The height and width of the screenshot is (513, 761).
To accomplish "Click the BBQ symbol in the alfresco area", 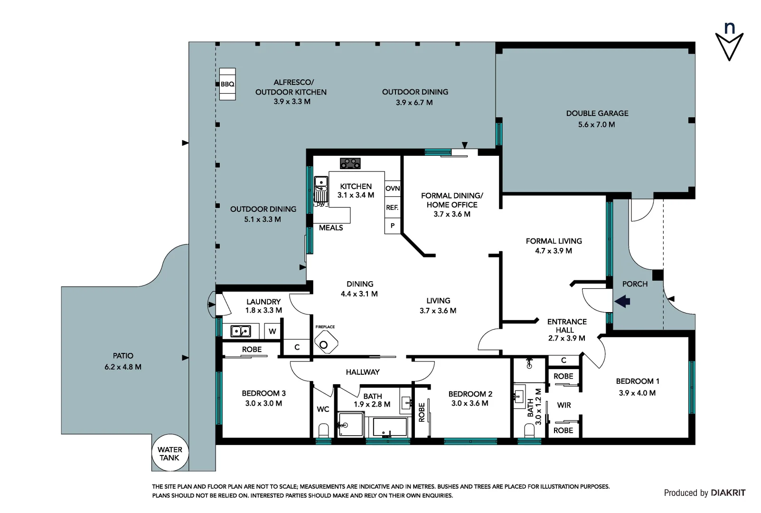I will [227, 84].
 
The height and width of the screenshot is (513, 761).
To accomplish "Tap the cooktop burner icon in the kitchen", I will [350, 163].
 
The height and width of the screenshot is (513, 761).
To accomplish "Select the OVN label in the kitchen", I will [393, 189].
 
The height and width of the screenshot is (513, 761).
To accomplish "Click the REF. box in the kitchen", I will [392, 208].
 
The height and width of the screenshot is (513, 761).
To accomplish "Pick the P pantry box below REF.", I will [393, 226].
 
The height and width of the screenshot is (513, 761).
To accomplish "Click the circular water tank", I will [170, 453].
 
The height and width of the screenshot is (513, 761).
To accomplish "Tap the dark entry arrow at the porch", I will [622, 301].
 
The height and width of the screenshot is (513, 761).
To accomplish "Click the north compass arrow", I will [729, 46].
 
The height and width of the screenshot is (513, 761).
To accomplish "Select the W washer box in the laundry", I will [272, 332].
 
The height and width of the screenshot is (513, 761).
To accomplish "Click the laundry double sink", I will [241, 331].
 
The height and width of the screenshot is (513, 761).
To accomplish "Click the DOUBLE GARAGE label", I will [597, 113].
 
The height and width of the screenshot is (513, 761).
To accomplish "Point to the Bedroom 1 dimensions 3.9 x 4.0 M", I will [637, 393].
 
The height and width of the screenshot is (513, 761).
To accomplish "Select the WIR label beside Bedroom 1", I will [564, 405].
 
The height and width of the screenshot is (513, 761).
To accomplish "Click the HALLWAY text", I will [363, 372].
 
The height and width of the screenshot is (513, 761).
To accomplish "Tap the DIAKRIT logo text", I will [728, 493].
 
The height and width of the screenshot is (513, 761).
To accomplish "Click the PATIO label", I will [123, 356].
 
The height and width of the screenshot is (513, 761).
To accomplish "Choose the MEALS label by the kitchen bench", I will [331, 228].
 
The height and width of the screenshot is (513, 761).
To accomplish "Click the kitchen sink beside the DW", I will [321, 182].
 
